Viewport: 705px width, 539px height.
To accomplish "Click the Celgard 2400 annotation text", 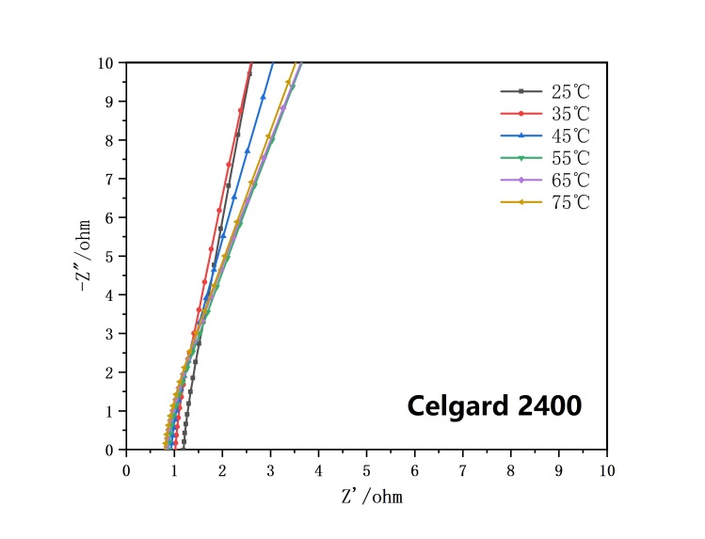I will (494, 406).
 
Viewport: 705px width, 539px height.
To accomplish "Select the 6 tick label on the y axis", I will (111, 218).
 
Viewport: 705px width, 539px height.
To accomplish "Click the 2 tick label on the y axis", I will (111, 373).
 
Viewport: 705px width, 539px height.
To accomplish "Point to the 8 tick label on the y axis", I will (111, 140).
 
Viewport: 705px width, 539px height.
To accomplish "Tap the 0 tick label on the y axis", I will (111, 450).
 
